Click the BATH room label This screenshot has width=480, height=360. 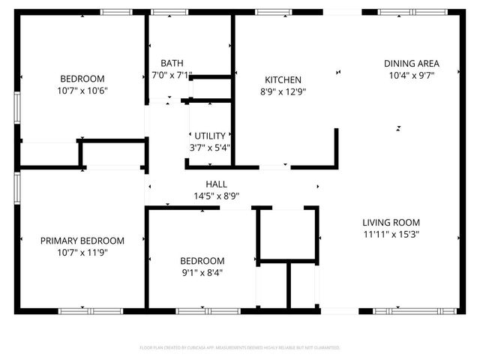coord(172,63)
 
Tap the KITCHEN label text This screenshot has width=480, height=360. coord(283,79)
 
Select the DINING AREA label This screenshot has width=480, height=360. coord(411,63)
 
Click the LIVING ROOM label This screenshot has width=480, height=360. coord(391,222)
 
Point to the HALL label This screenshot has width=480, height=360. coord(216,184)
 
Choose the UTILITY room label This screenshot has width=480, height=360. coord(209,135)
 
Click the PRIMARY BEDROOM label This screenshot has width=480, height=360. coord(82,240)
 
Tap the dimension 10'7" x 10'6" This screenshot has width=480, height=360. coord(82,91)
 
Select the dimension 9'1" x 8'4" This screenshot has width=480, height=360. coord(202,273)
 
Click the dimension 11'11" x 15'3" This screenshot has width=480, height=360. coord(391,234)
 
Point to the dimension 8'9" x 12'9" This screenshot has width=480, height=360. coord(283,91)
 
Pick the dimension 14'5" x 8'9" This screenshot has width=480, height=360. coord(216,196)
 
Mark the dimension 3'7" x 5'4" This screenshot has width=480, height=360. coord(209,147)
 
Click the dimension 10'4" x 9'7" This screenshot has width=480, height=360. coord(411,75)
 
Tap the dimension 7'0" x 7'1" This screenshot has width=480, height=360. coord(172,75)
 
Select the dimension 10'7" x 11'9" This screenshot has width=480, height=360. coord(82,253)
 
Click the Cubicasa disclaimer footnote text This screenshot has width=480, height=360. coord(240,348)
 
